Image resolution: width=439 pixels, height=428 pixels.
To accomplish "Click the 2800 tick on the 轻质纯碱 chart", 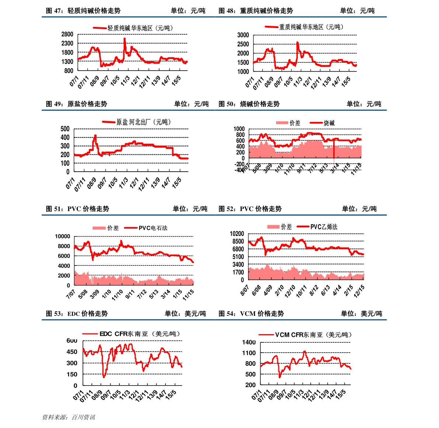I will (x=67, y=34).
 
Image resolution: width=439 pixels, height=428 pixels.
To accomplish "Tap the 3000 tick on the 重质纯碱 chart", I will (x=243, y=35).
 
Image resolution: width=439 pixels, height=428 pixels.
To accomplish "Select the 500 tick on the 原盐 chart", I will (x=65, y=129).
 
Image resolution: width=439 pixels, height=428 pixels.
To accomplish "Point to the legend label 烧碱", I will (x=329, y=123).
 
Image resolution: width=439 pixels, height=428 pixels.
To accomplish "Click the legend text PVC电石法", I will (x=153, y=228).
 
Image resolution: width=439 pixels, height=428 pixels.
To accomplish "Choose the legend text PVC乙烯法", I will (x=324, y=227).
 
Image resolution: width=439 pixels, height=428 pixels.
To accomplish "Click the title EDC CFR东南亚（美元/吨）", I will (x=140, y=334).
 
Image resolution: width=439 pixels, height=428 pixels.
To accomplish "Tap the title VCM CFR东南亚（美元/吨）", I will (x=313, y=335).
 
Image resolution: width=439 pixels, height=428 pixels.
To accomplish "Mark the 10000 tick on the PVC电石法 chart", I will (x=62, y=236).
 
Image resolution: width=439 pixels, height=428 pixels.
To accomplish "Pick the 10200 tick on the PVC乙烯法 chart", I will (x=237, y=233).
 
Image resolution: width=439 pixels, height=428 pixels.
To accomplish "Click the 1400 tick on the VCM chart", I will (x=249, y=342).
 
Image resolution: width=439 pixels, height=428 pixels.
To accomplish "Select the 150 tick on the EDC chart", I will (x=72, y=374).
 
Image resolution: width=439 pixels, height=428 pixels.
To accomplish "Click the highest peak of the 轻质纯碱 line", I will (x=125, y=38).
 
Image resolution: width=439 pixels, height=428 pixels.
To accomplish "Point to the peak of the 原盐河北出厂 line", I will (x=95, y=136).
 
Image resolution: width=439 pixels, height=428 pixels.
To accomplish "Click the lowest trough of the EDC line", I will (x=104, y=377).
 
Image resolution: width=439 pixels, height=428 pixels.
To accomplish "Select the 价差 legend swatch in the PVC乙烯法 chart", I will (x=273, y=227).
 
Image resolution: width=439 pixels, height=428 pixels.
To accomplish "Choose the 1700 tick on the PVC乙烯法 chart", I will (x=238, y=272).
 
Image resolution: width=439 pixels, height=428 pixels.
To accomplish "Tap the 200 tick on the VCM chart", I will (x=250, y=385).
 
